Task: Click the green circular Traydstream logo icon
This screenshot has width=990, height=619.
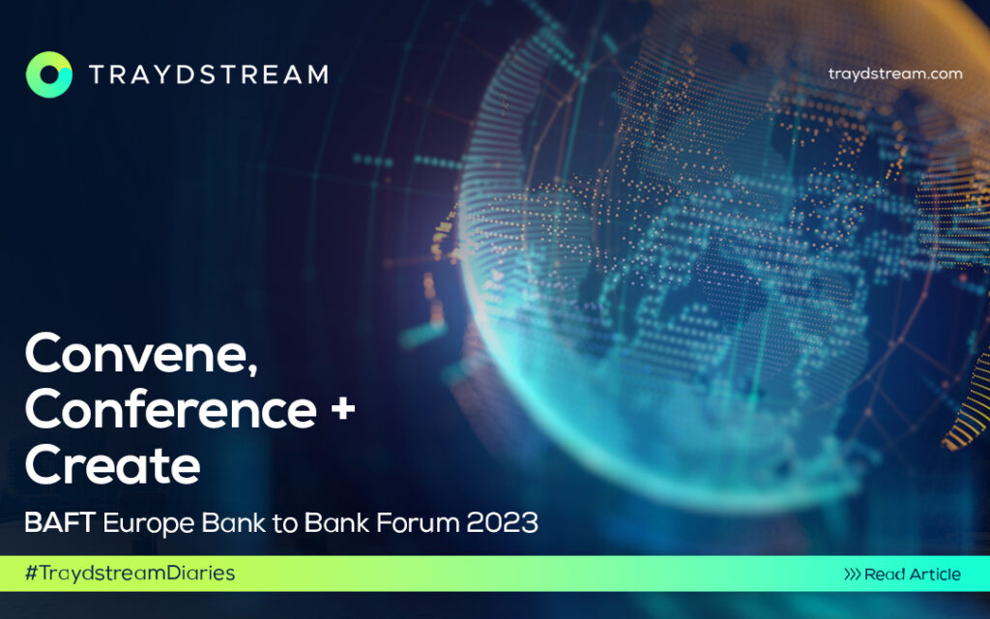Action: (x=49, y=74)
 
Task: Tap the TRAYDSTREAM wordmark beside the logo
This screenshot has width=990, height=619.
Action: (x=209, y=74)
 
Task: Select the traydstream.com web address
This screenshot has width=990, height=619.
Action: (x=895, y=74)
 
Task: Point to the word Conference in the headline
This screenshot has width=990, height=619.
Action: (x=170, y=409)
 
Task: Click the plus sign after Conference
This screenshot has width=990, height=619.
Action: (x=343, y=409)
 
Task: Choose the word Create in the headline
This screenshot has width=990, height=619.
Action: (x=112, y=465)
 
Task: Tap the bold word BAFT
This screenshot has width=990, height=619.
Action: (x=60, y=523)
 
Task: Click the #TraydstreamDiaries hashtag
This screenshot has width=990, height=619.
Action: (x=130, y=574)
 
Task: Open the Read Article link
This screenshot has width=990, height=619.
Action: (x=903, y=575)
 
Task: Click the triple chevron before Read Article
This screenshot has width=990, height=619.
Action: (x=853, y=575)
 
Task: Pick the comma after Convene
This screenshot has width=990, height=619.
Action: (x=252, y=369)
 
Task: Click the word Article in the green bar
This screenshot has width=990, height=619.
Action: (x=931, y=575)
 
